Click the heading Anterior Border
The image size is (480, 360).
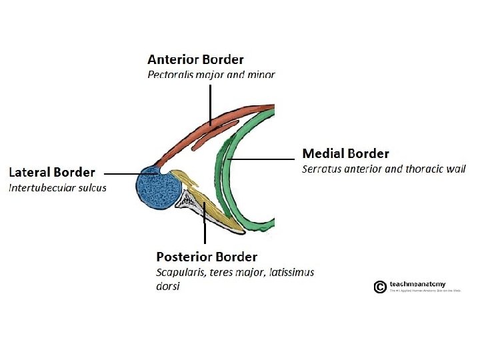[x=195, y=60]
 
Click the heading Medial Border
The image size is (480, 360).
[x=345, y=154]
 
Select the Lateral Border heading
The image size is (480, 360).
[x=51, y=173]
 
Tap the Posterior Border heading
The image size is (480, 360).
[x=206, y=257]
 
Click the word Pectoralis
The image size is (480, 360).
[x=171, y=75]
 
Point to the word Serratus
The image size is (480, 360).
[x=323, y=169]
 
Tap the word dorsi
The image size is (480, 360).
[x=167, y=287]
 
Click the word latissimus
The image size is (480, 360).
[x=289, y=272]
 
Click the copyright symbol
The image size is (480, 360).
[x=379, y=287]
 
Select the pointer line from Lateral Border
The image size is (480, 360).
[x=130, y=173]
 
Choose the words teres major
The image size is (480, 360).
[x=231, y=272]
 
